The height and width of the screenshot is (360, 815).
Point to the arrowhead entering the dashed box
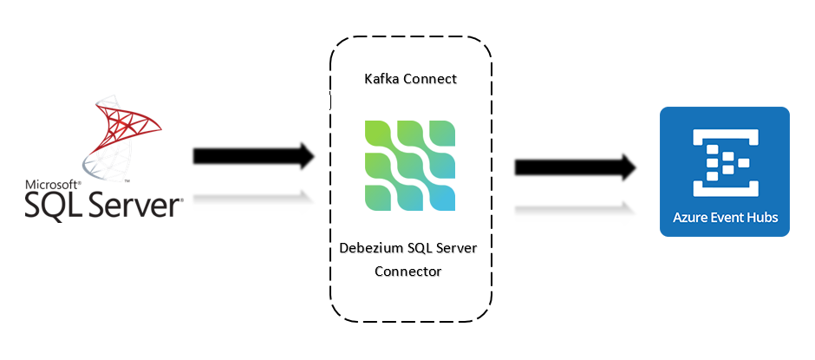tap(306, 156)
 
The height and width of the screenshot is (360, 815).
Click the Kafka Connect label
tap(409, 79)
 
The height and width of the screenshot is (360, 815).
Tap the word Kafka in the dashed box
tap(382, 79)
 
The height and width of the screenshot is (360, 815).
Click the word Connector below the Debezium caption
tap(409, 272)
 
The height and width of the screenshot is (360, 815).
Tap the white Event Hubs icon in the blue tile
tap(724, 160)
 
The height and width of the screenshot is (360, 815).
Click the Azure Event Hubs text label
tap(725, 217)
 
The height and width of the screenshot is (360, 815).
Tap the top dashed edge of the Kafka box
tap(410, 37)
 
